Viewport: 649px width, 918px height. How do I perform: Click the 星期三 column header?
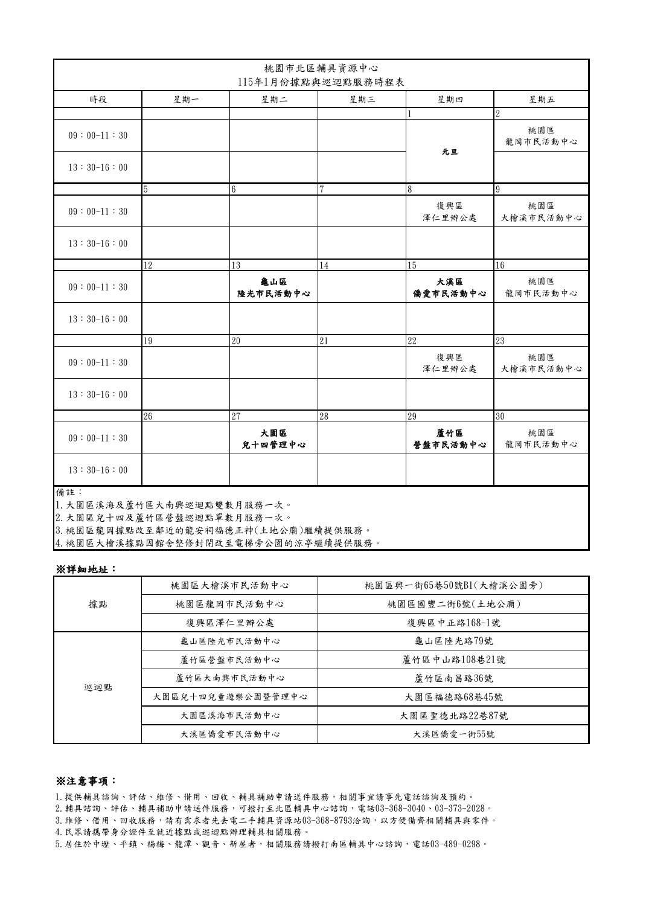click(362, 100)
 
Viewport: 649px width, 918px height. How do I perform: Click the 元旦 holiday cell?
click(450, 151)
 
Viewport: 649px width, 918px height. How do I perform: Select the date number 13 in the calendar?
click(236, 265)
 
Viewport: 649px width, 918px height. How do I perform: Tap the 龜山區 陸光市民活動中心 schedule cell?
click(273, 287)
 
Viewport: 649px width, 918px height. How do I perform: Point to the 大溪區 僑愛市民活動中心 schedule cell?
click(450, 287)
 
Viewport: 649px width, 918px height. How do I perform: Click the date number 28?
click(324, 416)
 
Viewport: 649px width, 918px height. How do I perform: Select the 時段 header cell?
click(98, 100)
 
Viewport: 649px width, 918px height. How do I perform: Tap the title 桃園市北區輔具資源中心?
click(321, 68)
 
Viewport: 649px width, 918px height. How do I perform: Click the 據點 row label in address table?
click(98, 604)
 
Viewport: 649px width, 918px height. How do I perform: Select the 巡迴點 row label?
click(98, 687)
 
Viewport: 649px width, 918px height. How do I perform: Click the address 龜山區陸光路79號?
click(453, 641)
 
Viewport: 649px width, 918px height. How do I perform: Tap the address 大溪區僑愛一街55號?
click(453, 734)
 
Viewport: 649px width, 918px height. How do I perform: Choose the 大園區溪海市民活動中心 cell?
click(230, 716)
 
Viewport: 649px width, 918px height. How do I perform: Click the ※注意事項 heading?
click(86, 781)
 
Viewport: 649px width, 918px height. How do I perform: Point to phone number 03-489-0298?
click(455, 843)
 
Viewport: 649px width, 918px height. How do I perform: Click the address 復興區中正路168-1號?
click(453, 623)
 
